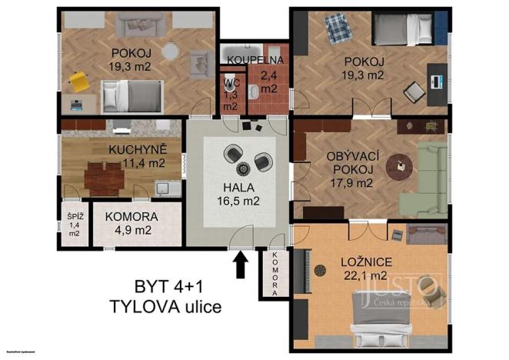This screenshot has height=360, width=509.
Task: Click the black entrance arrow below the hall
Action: (x=241, y=265)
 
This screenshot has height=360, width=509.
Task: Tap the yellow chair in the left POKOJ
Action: (x=78, y=79)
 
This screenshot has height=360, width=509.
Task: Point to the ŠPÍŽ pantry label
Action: (x=73, y=218)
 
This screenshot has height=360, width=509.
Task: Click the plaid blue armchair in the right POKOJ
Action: (x=336, y=32)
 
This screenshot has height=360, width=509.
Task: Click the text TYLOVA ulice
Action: (x=165, y=308)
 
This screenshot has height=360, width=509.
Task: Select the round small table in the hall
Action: (x=245, y=168)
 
